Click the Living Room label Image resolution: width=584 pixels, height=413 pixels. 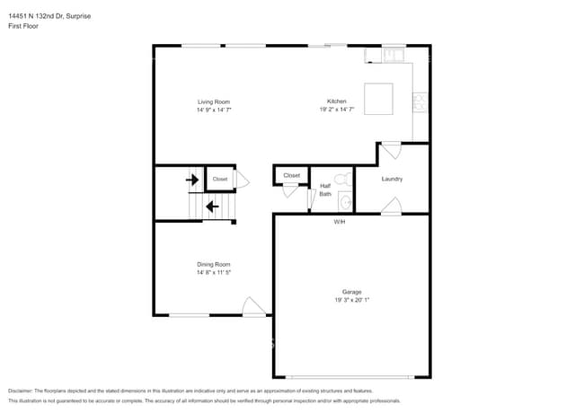214,101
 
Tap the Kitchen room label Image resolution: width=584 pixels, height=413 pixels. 337,101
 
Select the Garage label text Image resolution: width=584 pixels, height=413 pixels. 351,292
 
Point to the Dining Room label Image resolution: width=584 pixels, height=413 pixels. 214,264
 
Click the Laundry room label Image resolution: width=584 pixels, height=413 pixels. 392,179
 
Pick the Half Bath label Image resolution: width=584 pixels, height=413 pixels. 325,189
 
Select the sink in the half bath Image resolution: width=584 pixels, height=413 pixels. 344,203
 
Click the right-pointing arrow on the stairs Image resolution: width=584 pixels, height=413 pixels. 192,180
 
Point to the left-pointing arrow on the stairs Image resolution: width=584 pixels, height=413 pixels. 212,207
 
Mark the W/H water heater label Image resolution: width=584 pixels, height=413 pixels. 340,221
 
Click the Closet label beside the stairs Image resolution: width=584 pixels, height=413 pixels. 220,180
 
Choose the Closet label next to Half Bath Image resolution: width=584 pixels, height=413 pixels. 291,175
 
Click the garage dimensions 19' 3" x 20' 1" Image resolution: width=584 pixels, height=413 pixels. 351,300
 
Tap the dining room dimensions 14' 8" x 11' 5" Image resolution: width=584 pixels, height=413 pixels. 214,272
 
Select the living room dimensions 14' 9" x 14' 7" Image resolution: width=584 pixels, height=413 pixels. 214,110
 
